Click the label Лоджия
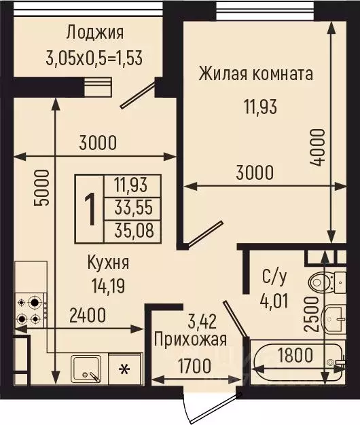95,32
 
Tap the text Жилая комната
256,74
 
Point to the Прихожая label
190,339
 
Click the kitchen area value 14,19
108,285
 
